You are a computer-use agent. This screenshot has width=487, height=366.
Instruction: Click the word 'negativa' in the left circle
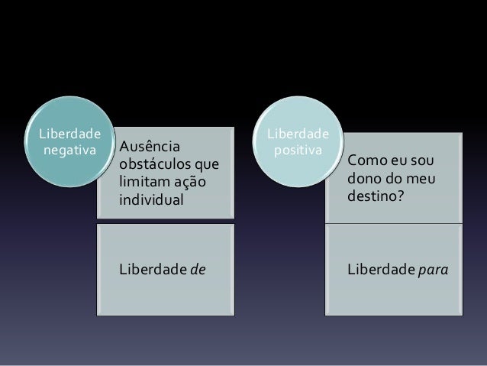pos(66,149)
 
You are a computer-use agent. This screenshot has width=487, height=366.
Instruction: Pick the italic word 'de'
pos(198,270)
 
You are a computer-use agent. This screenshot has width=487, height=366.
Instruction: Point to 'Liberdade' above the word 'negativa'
pos(66,132)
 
